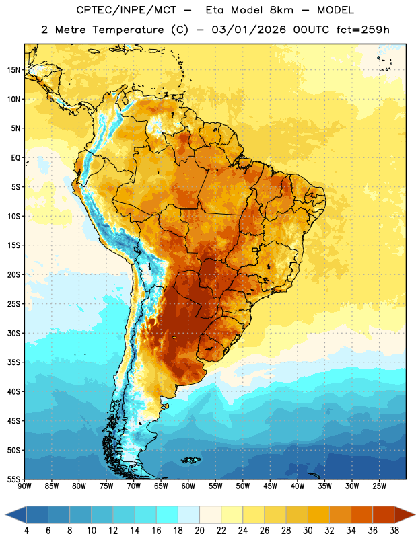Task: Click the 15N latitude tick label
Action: [13, 70]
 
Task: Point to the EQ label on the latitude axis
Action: [15, 158]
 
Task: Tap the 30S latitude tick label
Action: [13, 333]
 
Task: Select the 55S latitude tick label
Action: [13, 479]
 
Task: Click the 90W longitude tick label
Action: [24, 486]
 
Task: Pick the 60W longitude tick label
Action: [188, 486]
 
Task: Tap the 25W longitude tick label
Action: [379, 486]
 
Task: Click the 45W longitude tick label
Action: [270, 486]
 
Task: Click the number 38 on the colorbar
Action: [394, 531]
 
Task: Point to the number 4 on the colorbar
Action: [26, 531]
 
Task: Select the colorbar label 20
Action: [199, 531]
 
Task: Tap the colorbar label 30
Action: [308, 531]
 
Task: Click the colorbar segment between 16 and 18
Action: [168, 514]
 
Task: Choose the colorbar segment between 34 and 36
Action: [361, 514]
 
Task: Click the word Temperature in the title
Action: [129, 30]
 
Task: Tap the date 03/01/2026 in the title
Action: [249, 30]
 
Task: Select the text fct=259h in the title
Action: [363, 30]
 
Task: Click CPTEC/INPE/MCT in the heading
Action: [126, 10]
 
